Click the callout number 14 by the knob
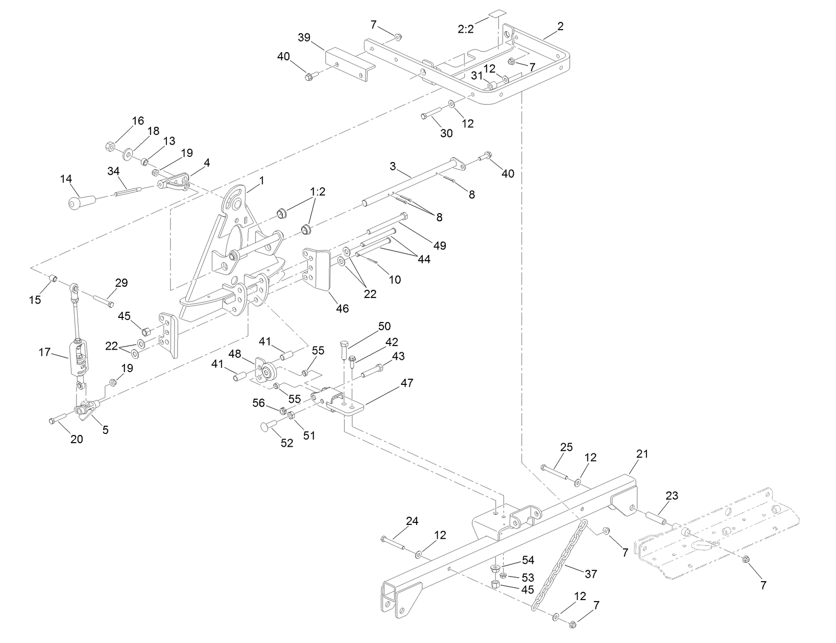pyautogui.click(x=66, y=179)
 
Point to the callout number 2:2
pyautogui.click(x=465, y=29)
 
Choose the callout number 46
pyautogui.click(x=342, y=309)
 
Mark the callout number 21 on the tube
pyautogui.click(x=642, y=454)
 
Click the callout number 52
pyautogui.click(x=287, y=443)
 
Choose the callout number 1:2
pyautogui.click(x=317, y=192)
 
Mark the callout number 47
pyautogui.click(x=407, y=383)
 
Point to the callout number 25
pyautogui.click(x=566, y=447)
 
